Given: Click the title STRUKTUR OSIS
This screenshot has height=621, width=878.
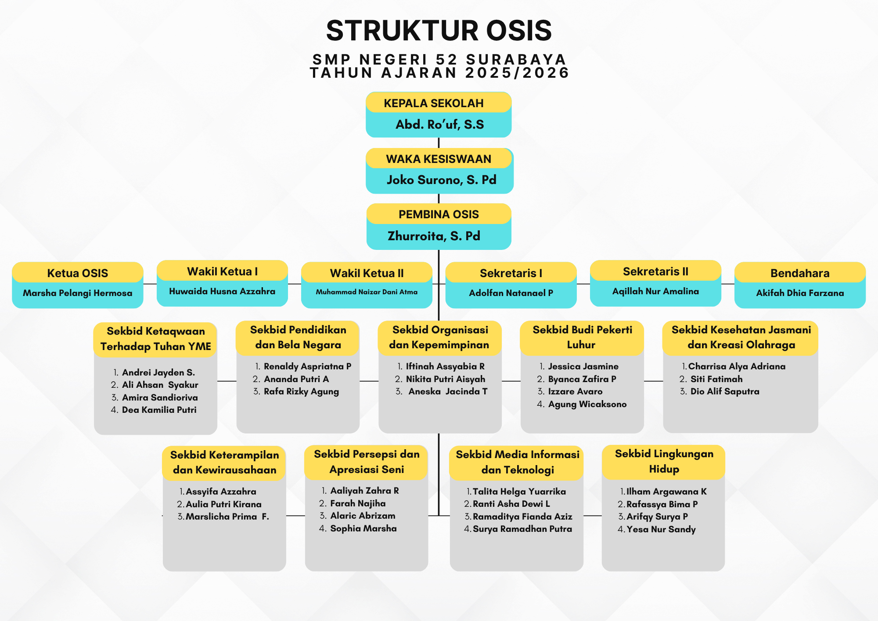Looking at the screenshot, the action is click(x=439, y=31).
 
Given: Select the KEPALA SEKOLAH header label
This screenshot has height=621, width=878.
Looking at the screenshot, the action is click(x=434, y=103).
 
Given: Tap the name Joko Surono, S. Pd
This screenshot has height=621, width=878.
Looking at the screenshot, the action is click(x=441, y=180).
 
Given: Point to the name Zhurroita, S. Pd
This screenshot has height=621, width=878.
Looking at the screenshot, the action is click(x=434, y=236).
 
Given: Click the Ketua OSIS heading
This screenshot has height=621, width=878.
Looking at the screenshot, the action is click(x=78, y=273).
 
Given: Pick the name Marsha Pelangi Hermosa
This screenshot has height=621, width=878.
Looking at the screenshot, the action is click(x=78, y=293).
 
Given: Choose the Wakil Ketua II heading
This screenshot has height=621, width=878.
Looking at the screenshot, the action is click(x=367, y=273).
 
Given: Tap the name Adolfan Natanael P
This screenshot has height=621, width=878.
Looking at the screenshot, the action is click(x=511, y=293).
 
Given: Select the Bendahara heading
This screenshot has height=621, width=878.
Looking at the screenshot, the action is click(x=800, y=273).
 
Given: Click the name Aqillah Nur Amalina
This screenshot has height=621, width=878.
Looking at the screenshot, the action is click(x=655, y=291).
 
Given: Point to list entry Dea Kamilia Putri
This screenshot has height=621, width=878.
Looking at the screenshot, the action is click(x=159, y=410).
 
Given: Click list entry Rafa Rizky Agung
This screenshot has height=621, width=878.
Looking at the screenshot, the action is click(x=301, y=391).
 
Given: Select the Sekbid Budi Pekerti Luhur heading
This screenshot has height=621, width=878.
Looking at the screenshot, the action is click(x=582, y=337).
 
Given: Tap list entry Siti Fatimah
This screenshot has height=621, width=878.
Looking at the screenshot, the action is click(x=716, y=379).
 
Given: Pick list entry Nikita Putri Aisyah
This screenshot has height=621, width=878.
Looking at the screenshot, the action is click(x=446, y=379).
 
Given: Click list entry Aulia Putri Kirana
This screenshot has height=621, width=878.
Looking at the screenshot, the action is click(x=223, y=504).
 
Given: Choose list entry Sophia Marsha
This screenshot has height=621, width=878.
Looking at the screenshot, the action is click(x=363, y=528).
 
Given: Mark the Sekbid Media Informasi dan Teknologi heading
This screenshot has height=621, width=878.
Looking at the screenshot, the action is click(x=518, y=462).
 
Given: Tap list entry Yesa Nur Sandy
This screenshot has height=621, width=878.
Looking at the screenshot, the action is click(x=661, y=529).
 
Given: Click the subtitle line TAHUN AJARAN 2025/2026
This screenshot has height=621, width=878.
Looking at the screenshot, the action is click(x=439, y=73).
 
